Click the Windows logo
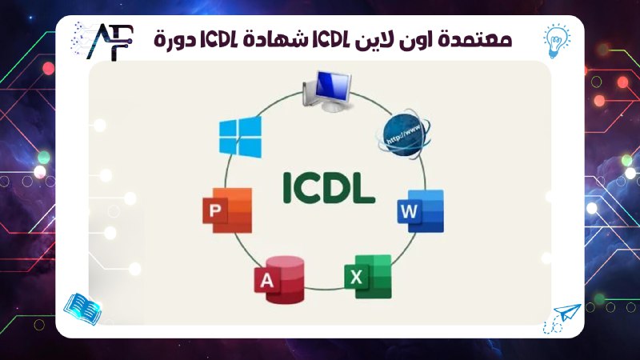point(240,136)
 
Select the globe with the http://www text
point(404,132)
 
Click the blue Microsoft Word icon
point(420,211)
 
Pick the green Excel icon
point(368,276)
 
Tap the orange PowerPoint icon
point(228,210)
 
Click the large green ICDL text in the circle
point(328,186)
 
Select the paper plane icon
point(566,314)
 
